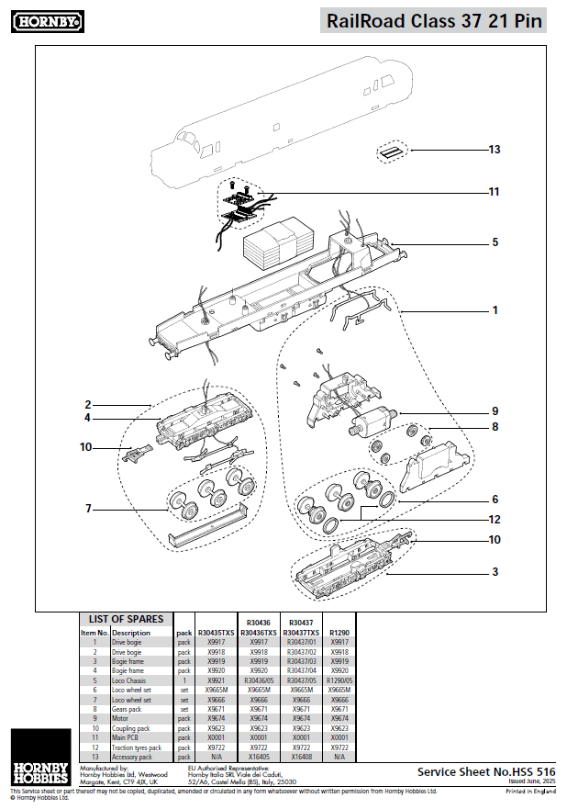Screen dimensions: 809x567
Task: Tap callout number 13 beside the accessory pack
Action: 495,150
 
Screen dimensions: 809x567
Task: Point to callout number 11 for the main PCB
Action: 495,192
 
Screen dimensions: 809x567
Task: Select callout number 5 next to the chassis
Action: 495,242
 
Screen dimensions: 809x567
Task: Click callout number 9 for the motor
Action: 495,410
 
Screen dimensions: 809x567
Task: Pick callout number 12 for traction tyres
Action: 495,520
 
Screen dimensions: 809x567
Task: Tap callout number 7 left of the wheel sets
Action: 89,509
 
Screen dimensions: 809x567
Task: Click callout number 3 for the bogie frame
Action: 495,571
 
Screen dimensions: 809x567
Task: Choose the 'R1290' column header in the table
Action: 339,633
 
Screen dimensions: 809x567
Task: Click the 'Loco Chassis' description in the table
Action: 131,680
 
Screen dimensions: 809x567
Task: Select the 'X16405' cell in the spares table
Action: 259,757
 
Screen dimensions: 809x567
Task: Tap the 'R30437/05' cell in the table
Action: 301,680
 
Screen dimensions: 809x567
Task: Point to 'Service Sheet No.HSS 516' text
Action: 486,772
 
